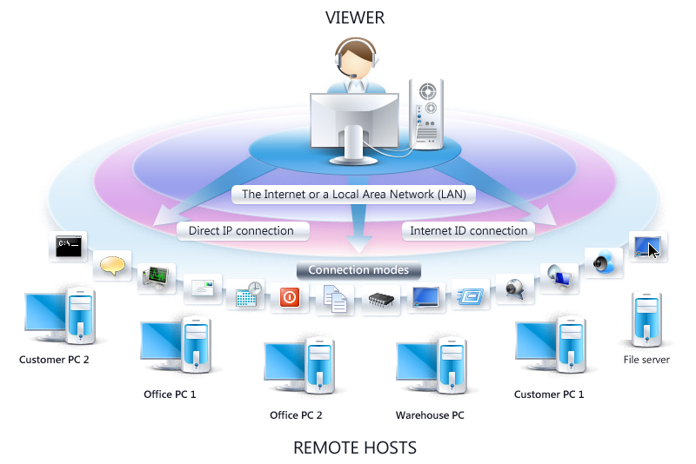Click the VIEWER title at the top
click(354, 17)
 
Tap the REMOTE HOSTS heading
click(355, 448)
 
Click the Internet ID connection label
click(468, 231)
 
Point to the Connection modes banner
click(358, 270)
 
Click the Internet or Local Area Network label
click(353, 195)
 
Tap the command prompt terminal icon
click(68, 247)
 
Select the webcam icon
click(514, 288)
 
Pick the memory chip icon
click(381, 300)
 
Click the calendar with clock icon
click(249, 294)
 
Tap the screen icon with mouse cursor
click(647, 247)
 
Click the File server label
click(646, 359)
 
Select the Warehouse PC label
click(430, 415)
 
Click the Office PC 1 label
click(170, 394)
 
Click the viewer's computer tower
click(427, 113)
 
